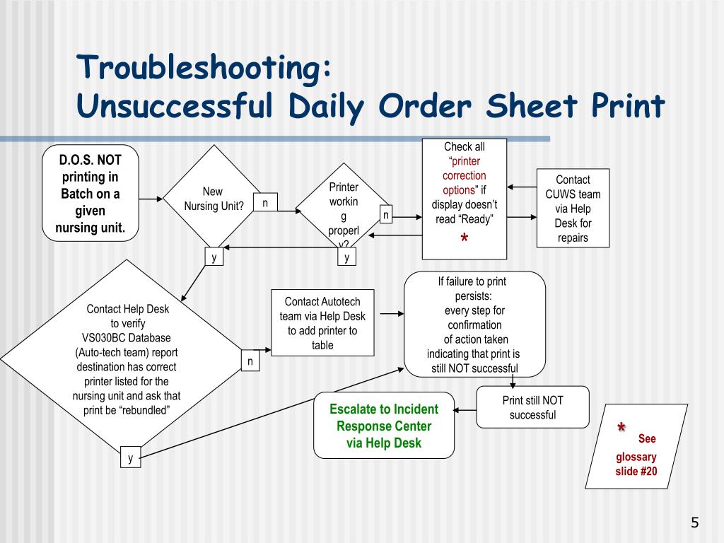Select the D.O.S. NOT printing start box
[90, 193]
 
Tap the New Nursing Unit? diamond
[213, 199]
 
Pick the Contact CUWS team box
[573, 209]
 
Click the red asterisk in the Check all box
[464, 240]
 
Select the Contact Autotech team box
[323, 323]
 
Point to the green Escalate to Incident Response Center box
[384, 426]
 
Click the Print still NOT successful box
[532, 407]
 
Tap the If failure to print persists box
[474, 325]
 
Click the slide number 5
[694, 523]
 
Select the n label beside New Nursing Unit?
[265, 203]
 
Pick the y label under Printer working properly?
[346, 257]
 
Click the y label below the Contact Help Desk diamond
[130, 458]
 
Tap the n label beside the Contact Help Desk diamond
[250, 361]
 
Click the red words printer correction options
[464, 175]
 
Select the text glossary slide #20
[636, 464]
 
